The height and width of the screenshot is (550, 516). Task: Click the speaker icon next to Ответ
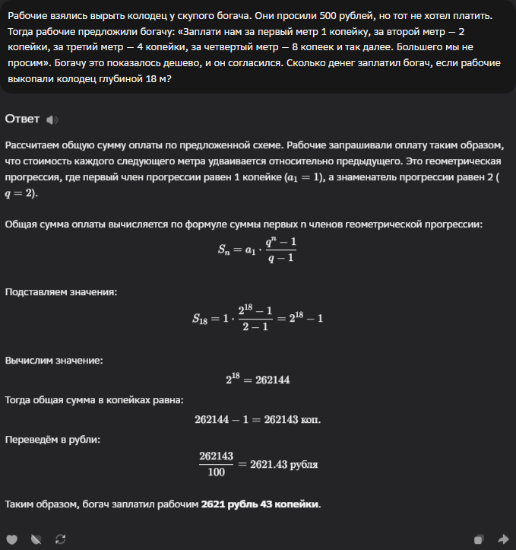[x=52, y=120]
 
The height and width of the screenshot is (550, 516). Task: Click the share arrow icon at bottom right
[x=502, y=539]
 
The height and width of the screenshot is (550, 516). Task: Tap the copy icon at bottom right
[x=479, y=539]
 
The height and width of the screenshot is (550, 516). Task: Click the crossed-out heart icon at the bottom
[x=35, y=539]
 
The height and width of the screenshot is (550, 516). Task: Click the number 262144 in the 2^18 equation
[x=272, y=380]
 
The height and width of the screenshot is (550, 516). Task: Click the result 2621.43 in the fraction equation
[x=267, y=463]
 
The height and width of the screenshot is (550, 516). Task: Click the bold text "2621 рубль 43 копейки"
[x=260, y=504]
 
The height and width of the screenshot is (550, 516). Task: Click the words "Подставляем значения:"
[x=61, y=292]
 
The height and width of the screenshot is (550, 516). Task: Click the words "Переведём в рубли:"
[x=52, y=439]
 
